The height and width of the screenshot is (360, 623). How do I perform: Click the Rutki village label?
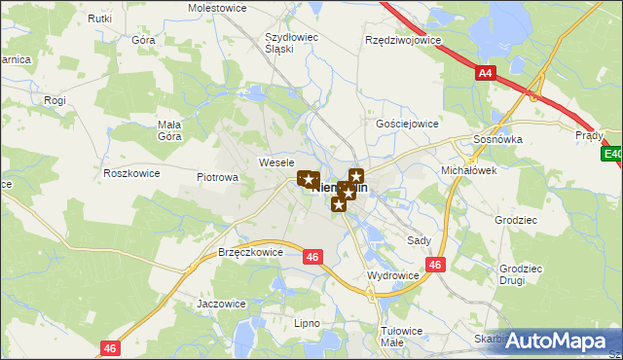99,18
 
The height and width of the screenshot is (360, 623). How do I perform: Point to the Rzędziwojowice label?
402,41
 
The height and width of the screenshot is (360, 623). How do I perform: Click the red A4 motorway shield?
486,72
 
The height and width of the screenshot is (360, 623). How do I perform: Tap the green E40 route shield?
612,154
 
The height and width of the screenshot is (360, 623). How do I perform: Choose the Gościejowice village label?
407,125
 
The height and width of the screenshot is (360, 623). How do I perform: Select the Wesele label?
276,162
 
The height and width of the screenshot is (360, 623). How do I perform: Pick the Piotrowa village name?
218,178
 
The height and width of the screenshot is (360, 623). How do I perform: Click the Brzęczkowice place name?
251,251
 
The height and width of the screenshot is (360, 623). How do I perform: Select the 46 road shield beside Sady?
435,264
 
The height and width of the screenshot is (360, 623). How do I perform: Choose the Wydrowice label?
392,275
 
